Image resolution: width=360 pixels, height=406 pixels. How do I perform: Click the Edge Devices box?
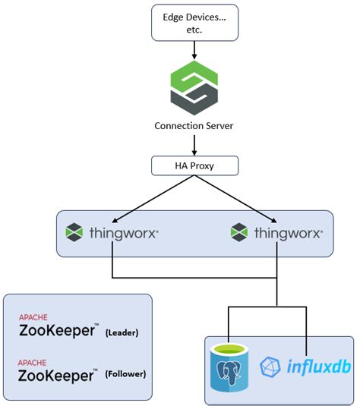click(195, 22)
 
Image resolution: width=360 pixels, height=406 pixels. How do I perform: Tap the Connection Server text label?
click(194, 125)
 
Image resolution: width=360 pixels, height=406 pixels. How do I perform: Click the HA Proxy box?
click(194, 165)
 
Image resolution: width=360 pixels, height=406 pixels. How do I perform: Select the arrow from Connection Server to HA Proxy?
click(194, 143)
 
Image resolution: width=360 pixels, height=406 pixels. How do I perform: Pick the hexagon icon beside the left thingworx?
click(74, 232)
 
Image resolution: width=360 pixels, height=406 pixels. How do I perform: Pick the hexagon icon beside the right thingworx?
click(240, 232)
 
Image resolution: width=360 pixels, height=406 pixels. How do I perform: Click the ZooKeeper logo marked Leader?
click(58, 330)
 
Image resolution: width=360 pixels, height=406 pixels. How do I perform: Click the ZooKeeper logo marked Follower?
click(58, 374)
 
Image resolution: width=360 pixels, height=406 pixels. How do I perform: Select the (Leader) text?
click(125, 332)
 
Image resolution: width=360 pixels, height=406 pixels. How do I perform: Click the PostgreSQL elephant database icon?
click(231, 367)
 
